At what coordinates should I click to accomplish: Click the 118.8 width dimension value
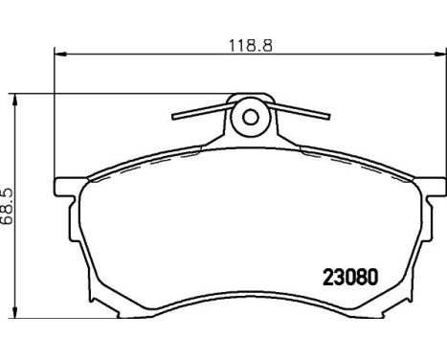251,45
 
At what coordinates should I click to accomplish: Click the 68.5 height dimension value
7,207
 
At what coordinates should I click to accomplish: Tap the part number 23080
350,277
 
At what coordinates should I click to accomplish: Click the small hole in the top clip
251,117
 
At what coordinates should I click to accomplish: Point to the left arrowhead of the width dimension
60,54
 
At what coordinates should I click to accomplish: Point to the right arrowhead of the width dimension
440,54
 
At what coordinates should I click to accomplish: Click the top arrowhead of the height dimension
14,100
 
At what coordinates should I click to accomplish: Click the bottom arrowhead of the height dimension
14,312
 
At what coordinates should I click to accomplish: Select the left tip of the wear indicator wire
173,117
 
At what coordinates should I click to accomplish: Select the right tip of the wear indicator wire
328,117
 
